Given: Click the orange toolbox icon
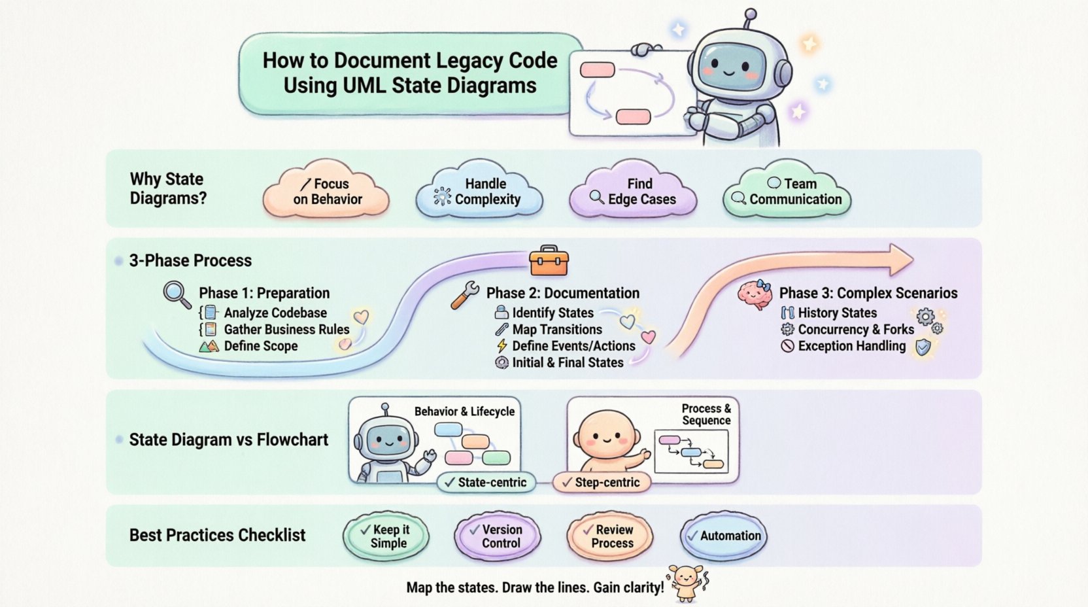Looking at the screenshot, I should click(549, 262).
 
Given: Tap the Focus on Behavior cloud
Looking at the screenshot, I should click(326, 192).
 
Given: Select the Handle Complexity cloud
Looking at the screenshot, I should click(479, 192).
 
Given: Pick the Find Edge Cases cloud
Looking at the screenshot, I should click(633, 192).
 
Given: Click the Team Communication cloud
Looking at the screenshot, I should click(787, 192).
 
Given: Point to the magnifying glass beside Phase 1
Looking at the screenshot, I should click(177, 294).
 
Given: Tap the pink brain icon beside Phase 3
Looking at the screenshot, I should click(755, 294).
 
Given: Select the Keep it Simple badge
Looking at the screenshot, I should click(386, 536).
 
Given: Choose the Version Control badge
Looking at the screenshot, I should click(498, 536).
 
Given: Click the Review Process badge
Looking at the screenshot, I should click(610, 536).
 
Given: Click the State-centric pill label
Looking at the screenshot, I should click(486, 483).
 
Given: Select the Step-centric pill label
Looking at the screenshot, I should click(602, 483).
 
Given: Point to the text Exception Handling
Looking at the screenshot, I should click(851, 346).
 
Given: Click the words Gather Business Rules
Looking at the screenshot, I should click(286, 330).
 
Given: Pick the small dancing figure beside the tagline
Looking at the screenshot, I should click(687, 581).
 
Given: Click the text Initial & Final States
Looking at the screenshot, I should click(568, 362).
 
